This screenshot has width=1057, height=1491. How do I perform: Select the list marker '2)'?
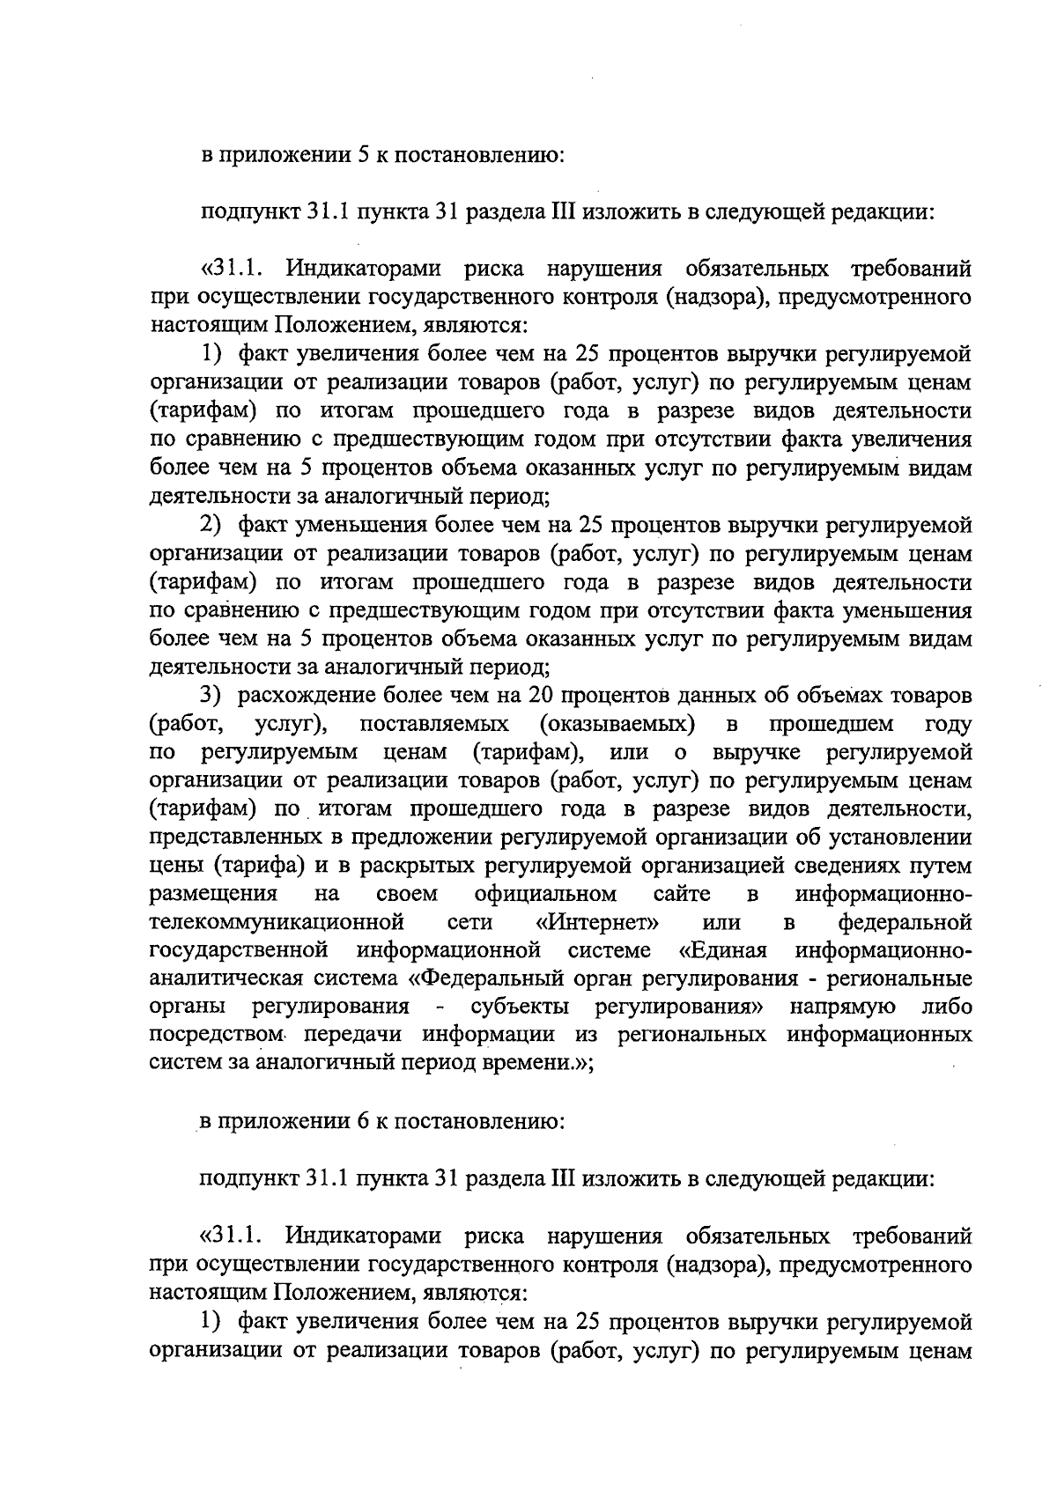(x=210, y=526)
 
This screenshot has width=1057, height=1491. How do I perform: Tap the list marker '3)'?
(x=210, y=696)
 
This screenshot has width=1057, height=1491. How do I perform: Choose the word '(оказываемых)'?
(x=616, y=724)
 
